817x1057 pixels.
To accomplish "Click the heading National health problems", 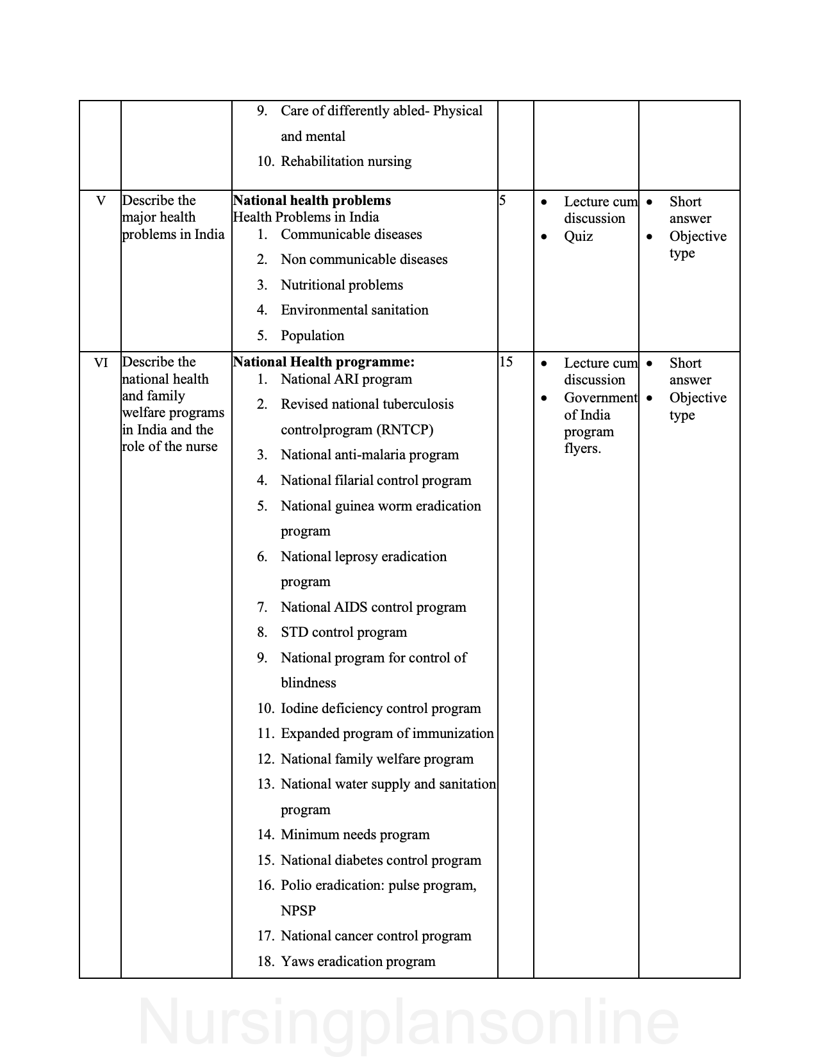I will pos(312,201).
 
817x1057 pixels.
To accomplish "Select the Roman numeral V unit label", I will pos(101,201).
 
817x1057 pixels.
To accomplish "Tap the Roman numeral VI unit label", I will pos(101,363).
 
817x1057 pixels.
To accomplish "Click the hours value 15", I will pos(506,362).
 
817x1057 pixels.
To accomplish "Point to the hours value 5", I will pos(502,201).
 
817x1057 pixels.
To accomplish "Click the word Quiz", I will pos(578,236).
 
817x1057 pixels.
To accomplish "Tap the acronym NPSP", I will pos(298,910).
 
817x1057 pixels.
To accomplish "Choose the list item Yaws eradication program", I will pos(358,962).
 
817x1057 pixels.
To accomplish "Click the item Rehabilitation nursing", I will pos(346,161).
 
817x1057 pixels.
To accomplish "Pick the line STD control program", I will pos(343,632).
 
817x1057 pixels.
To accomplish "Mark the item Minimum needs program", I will pos(355,835).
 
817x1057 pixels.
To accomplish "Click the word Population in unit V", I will pos(312,336).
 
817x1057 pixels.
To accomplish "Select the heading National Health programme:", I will pos(324,362).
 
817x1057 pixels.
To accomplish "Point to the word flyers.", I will pos(582,448).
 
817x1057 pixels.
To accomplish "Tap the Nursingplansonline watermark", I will pos(408,1022).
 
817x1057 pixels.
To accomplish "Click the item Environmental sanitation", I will pos(354,310).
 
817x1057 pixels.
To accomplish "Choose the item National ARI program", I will pos(346,379).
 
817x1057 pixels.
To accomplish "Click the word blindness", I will pos(308,683).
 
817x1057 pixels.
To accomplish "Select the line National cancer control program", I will pos(375,936).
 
